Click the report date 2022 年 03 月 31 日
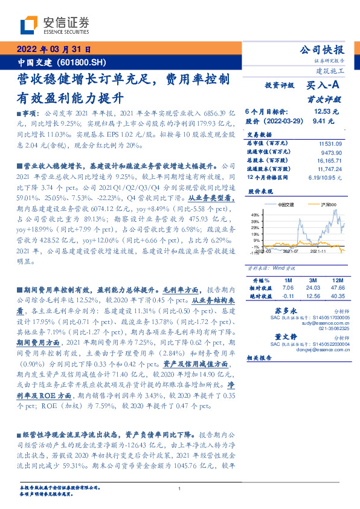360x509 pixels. (x=54, y=49)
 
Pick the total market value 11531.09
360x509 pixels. (x=330, y=143)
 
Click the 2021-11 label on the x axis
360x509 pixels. (x=319, y=251)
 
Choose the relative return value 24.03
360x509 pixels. (x=312, y=288)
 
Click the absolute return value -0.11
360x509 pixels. (x=288, y=296)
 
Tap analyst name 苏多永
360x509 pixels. (x=275, y=310)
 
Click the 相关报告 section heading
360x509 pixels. (x=261, y=358)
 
